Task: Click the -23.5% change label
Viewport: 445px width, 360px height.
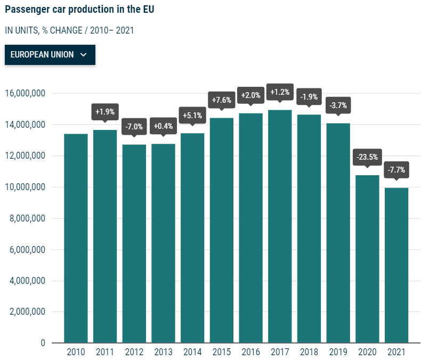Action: pyautogui.click(x=367, y=157)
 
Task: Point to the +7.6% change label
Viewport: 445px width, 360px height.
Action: pyautogui.click(x=222, y=100)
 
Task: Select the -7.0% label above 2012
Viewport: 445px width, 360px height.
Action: pyautogui.click(x=134, y=127)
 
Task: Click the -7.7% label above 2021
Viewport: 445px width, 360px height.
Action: pyautogui.click(x=397, y=170)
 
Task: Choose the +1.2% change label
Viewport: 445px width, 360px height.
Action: pyautogui.click(x=280, y=92)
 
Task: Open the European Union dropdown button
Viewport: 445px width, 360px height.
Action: pyautogui.click(x=50, y=55)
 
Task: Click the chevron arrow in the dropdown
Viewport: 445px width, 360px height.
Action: pyautogui.click(x=83, y=55)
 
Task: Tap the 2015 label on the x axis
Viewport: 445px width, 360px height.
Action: pyautogui.click(x=222, y=352)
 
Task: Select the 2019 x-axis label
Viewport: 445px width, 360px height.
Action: pyautogui.click(x=338, y=352)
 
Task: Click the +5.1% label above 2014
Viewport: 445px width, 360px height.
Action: pyautogui.click(x=192, y=115)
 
